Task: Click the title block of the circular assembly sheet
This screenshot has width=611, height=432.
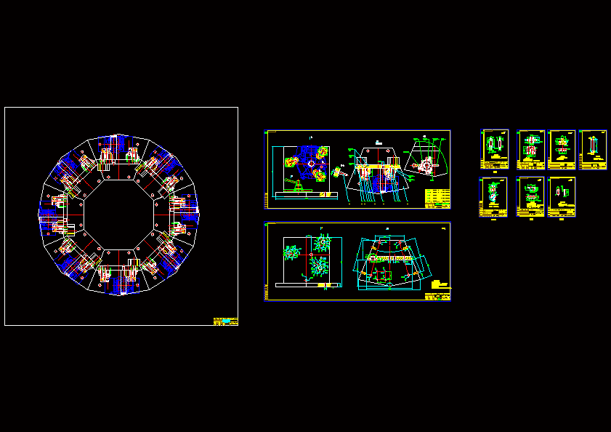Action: [x=225, y=321]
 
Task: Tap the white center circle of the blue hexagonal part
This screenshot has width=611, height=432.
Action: [x=310, y=164]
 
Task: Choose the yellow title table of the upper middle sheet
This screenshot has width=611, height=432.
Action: [x=437, y=198]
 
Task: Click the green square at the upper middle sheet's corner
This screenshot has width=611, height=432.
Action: [x=267, y=133]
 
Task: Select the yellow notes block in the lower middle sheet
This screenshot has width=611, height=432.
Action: [x=440, y=284]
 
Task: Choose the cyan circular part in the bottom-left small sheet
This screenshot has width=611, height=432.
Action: [x=493, y=192]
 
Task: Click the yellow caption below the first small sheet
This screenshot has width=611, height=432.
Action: [x=495, y=172]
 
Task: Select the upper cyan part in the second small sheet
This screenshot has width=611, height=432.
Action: [x=531, y=140]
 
